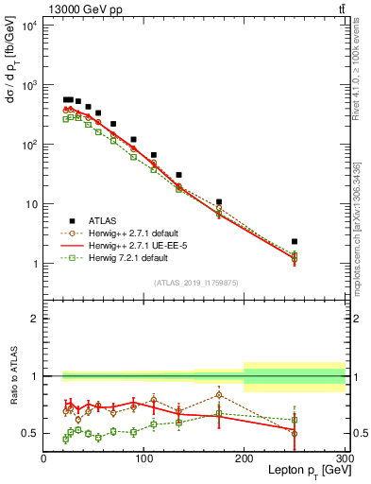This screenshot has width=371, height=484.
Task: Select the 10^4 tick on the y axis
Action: (x=28, y=26)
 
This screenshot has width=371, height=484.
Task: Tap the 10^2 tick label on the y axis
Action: (x=28, y=145)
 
